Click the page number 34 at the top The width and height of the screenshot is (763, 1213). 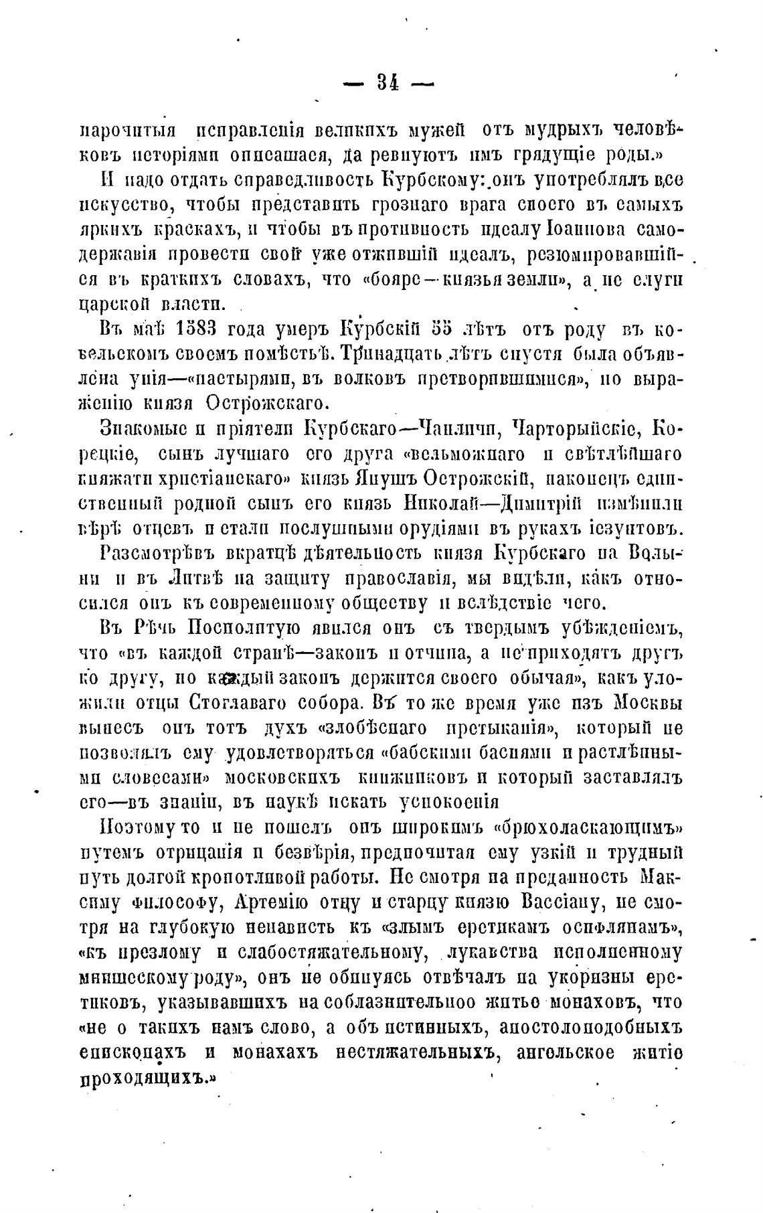pyautogui.click(x=388, y=83)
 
